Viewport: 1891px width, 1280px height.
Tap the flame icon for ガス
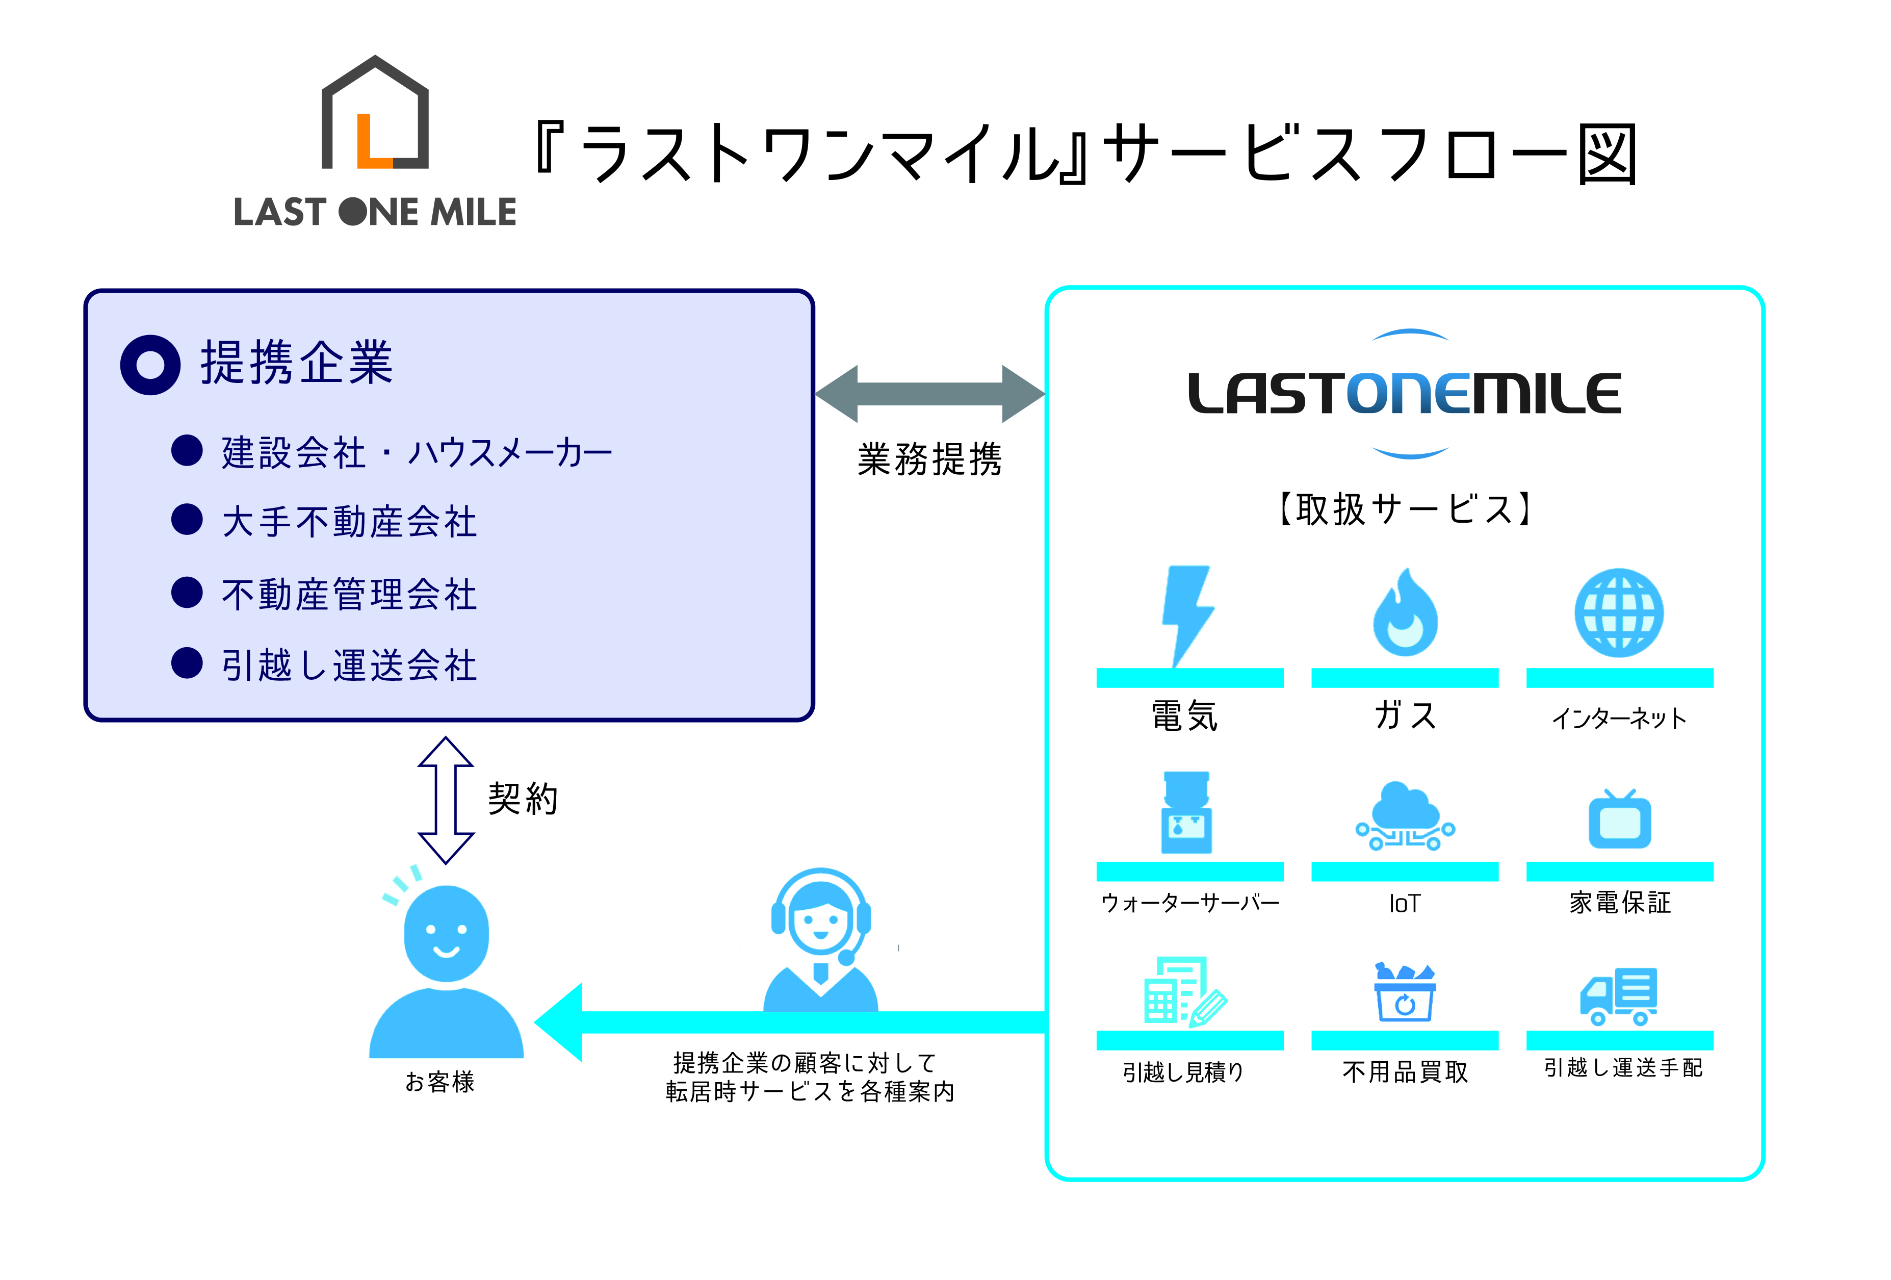(1405, 615)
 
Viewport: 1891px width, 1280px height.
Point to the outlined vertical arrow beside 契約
(445, 800)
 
